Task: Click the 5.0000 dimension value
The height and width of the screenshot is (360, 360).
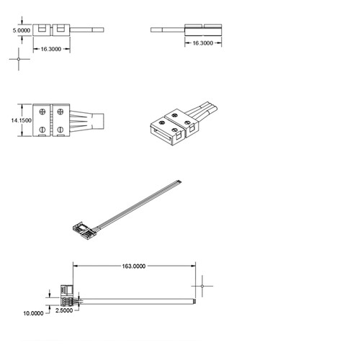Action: pyautogui.click(x=22, y=30)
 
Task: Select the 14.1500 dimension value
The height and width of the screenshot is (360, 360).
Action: pyautogui.click(x=21, y=120)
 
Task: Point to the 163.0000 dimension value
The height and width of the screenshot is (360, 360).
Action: pyautogui.click(x=134, y=266)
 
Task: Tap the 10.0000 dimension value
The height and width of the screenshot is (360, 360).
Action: pyautogui.click(x=33, y=313)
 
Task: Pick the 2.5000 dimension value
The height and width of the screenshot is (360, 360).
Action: pyautogui.click(x=64, y=310)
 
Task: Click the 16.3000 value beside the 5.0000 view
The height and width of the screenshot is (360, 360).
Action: pyautogui.click(x=51, y=49)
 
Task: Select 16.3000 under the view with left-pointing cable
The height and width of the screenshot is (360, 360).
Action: pyautogui.click(x=203, y=43)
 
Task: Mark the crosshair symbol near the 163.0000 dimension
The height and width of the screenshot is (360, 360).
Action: pyautogui.click(x=202, y=286)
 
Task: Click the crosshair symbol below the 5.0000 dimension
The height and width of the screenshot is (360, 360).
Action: pyautogui.click(x=19, y=59)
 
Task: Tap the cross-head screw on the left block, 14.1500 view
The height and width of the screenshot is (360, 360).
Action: pyautogui.click(x=42, y=112)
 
